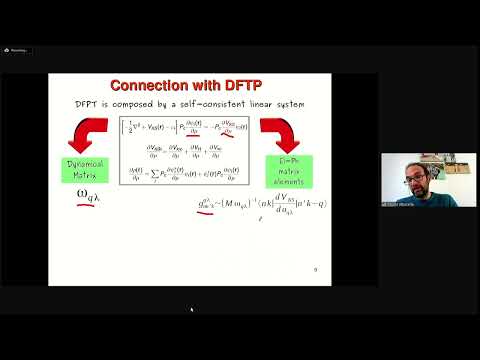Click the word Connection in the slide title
pyautogui.click(x=152, y=85)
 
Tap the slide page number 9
pyautogui.click(x=316, y=269)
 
